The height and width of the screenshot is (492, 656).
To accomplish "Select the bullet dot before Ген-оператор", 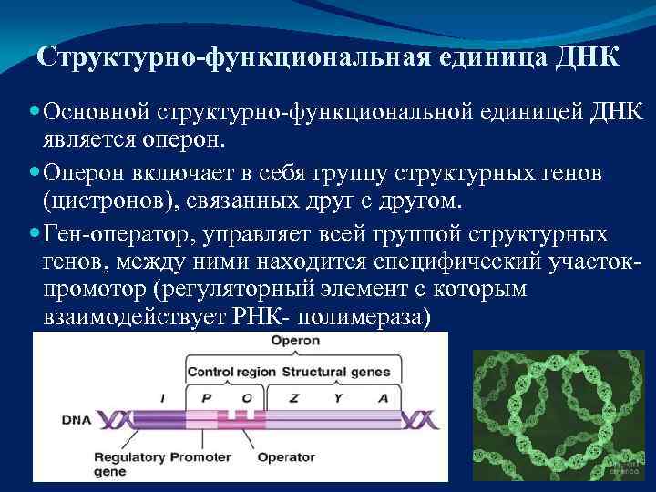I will click(35, 234).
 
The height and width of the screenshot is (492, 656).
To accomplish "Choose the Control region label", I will click(231, 372).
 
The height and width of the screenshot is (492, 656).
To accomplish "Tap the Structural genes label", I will click(336, 372).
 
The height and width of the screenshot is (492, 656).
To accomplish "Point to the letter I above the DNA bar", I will click(162, 397).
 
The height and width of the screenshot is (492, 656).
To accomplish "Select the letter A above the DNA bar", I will click(383, 397).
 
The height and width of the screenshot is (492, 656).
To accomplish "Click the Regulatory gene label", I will click(124, 463).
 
